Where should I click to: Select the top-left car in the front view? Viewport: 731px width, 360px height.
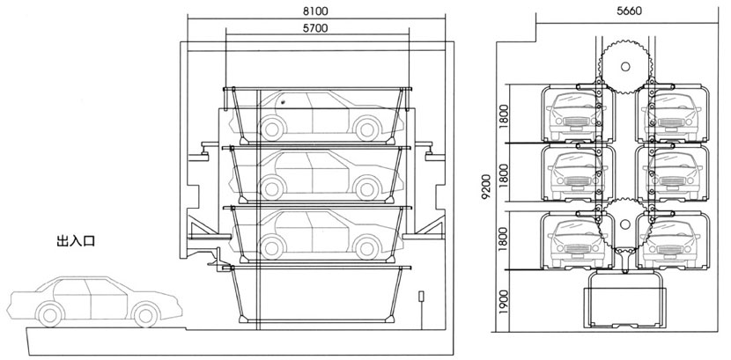(x=573, y=114)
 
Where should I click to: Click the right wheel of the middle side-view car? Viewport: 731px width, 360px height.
(x=369, y=187)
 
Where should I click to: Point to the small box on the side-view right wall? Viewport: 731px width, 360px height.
(x=422, y=296)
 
